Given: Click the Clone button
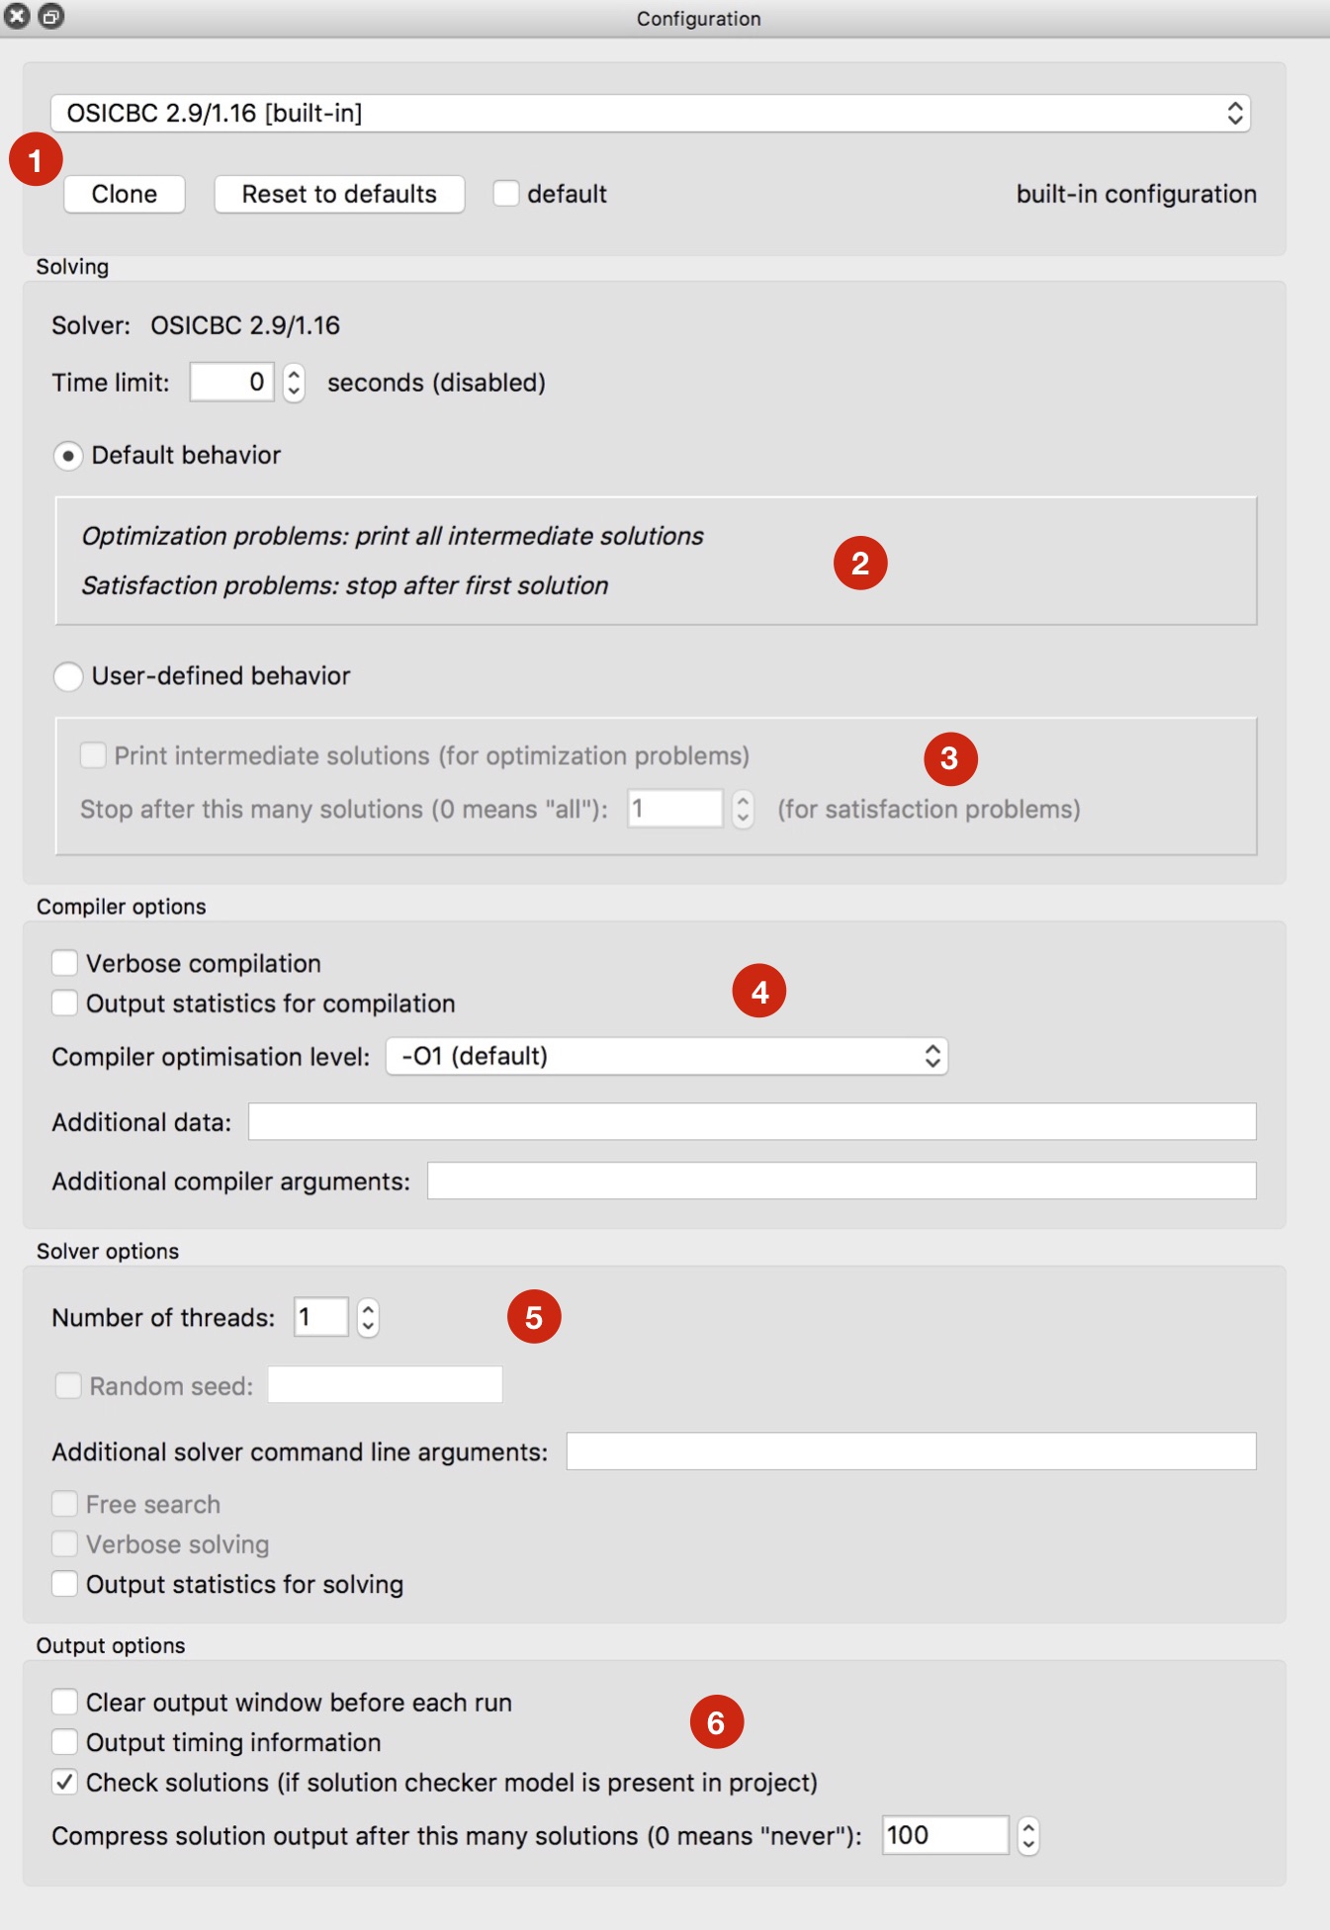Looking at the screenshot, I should [x=125, y=194].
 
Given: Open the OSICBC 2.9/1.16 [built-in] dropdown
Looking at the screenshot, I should [x=650, y=113].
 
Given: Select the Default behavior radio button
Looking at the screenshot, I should [x=67, y=456].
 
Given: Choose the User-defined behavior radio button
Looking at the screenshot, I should [x=67, y=676].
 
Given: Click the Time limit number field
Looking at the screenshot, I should [x=232, y=382].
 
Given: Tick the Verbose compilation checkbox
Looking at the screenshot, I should [x=65, y=963].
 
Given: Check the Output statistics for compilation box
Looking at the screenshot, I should [x=65, y=1004].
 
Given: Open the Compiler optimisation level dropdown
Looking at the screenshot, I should [x=666, y=1056].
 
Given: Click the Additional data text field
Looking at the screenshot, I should [x=752, y=1121].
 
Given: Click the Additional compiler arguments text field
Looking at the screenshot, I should [x=841, y=1181].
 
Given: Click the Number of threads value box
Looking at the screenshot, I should [x=320, y=1317].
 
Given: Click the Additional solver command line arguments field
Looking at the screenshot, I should [x=910, y=1451].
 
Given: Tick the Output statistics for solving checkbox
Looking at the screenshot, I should [x=65, y=1584].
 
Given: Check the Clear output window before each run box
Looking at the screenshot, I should [x=65, y=1702].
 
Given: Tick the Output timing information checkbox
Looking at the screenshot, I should [x=65, y=1742].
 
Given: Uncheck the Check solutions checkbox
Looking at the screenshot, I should [x=65, y=1783].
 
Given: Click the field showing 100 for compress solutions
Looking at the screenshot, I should [x=944, y=1835].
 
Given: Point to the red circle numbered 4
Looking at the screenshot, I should [x=758, y=991].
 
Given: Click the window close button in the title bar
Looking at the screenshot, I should [x=18, y=16].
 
